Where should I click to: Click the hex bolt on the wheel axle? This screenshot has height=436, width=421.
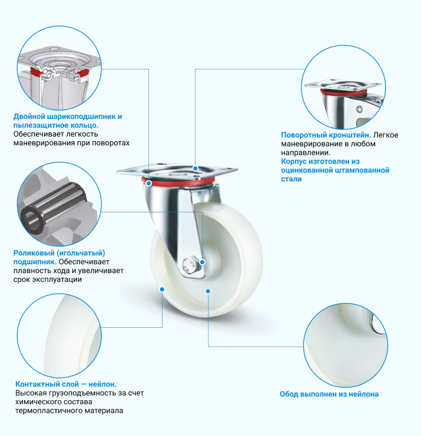190,265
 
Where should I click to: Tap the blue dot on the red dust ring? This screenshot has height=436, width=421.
149,183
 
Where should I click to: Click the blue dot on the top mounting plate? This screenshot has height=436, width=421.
195,168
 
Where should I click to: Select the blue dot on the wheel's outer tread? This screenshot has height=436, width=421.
162,289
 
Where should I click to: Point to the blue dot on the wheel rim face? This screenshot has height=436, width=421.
208,291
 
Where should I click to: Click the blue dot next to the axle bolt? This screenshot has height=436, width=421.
203,262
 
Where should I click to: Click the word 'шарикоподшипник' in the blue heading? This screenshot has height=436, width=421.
77,117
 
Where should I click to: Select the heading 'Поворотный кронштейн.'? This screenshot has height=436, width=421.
326,135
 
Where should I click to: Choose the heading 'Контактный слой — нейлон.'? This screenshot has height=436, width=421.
66,384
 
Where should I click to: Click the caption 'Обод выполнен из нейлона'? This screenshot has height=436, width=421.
329,394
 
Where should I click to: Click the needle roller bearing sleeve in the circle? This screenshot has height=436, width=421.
54,207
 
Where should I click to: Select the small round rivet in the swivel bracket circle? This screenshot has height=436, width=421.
360,109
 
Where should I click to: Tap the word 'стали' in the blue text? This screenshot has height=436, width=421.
291,179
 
